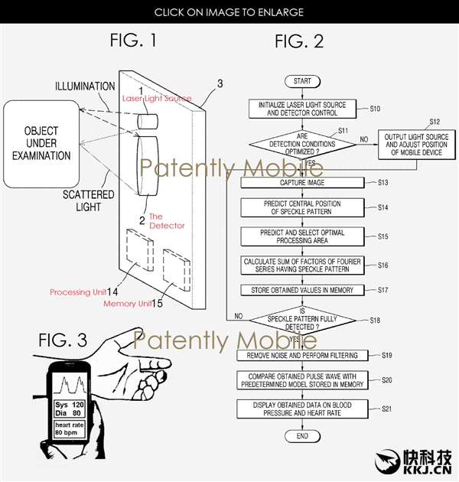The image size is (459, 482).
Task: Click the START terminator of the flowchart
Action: [x=302, y=81]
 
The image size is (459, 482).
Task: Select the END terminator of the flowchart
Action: [x=302, y=435]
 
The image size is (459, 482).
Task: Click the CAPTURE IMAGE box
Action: [x=302, y=183]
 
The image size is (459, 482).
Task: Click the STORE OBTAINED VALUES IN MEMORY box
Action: [x=302, y=290]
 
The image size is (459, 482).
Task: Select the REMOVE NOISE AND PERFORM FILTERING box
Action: [x=302, y=356]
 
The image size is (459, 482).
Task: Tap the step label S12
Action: [x=435, y=122]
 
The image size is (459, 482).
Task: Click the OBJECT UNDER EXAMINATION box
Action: [x=36, y=145]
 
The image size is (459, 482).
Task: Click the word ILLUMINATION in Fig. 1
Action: [x=86, y=86]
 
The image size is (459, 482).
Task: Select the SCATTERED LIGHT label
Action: [x=90, y=200]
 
